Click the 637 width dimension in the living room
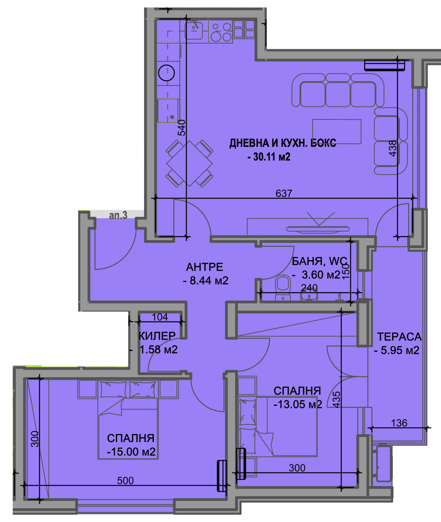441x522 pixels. [284, 193]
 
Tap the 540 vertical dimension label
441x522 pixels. [182, 128]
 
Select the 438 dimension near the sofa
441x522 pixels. [393, 148]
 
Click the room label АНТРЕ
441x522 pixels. [204, 267]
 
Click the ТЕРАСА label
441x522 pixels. [399, 337]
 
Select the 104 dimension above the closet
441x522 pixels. [160, 317]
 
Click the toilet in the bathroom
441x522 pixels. [283, 287]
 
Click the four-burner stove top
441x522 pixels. [221, 32]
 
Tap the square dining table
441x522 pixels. [189, 164]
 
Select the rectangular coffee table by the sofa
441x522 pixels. [337, 132]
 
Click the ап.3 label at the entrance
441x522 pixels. [118, 215]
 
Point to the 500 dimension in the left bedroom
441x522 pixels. [125, 480]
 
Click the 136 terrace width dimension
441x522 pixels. [399, 423]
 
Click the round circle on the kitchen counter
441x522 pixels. [166, 73]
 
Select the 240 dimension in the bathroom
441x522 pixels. [309, 288]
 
